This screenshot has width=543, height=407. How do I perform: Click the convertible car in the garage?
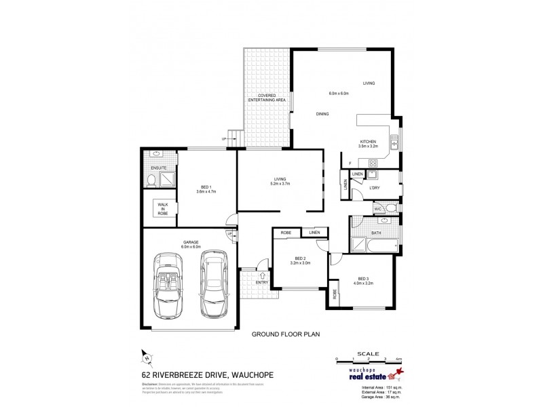tap(166, 285)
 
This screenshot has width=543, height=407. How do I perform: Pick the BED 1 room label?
tap(206, 187)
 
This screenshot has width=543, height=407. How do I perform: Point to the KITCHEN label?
tap(368, 142)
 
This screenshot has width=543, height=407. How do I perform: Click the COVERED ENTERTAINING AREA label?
tap(266, 97)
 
